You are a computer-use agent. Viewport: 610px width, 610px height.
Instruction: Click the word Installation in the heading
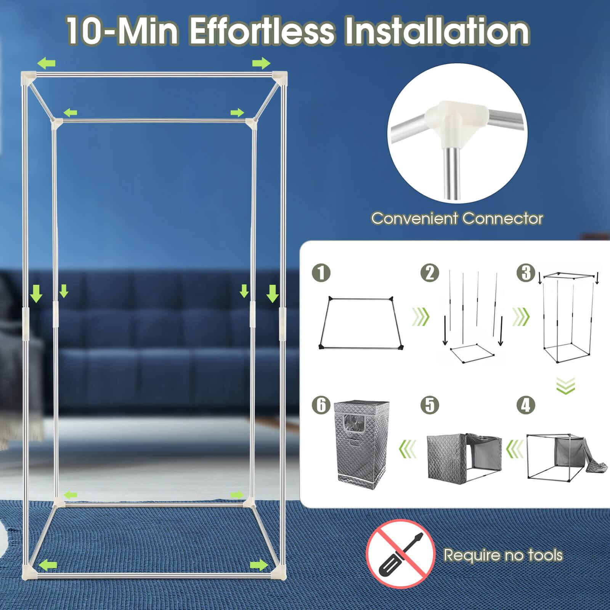(x=437, y=32)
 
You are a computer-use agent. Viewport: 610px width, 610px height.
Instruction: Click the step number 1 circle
(x=321, y=273)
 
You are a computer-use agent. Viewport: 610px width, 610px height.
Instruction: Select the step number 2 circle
(x=430, y=273)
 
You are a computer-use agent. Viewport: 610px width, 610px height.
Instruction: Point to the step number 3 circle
(x=526, y=273)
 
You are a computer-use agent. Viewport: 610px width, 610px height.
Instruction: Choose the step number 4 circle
(x=526, y=405)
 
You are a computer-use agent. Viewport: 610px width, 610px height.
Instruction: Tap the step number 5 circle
(x=430, y=405)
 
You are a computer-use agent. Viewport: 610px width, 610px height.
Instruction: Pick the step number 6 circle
(x=321, y=405)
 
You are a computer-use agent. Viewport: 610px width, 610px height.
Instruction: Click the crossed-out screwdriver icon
(x=400, y=554)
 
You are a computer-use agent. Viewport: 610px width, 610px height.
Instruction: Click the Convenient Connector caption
(x=457, y=218)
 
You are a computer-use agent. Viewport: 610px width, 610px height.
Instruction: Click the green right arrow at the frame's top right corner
(x=261, y=63)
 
